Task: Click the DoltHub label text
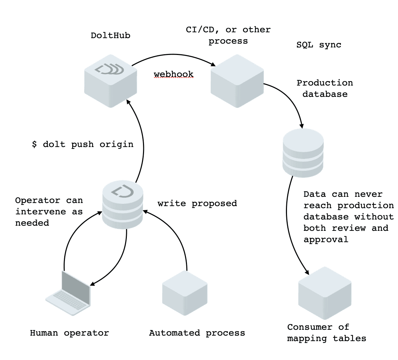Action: click(x=110, y=35)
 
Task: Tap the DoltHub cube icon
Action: click(x=111, y=81)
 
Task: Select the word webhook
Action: click(x=174, y=74)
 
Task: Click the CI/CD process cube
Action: click(x=237, y=81)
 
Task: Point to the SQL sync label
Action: click(x=319, y=45)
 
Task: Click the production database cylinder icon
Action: click(x=303, y=153)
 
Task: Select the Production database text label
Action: click(x=325, y=89)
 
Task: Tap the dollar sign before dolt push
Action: click(x=34, y=144)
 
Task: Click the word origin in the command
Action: click(x=116, y=144)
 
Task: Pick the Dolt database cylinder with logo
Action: click(x=123, y=204)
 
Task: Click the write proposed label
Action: click(x=197, y=203)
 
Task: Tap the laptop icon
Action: click(x=68, y=293)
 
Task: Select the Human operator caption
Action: click(x=69, y=333)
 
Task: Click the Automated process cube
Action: click(x=185, y=293)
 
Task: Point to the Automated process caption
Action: click(x=197, y=333)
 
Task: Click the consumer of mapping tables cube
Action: click(x=325, y=293)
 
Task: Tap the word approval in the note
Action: click(x=326, y=240)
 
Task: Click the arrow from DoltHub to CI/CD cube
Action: click(x=174, y=54)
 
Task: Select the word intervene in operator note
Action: click(x=41, y=212)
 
